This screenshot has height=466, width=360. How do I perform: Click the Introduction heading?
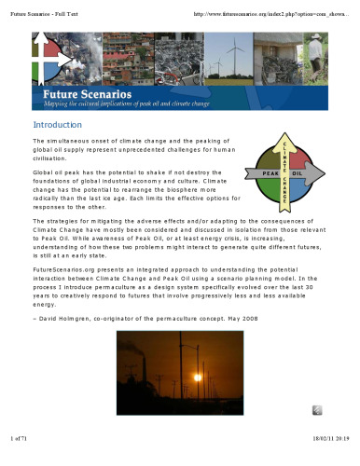click(60, 124)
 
